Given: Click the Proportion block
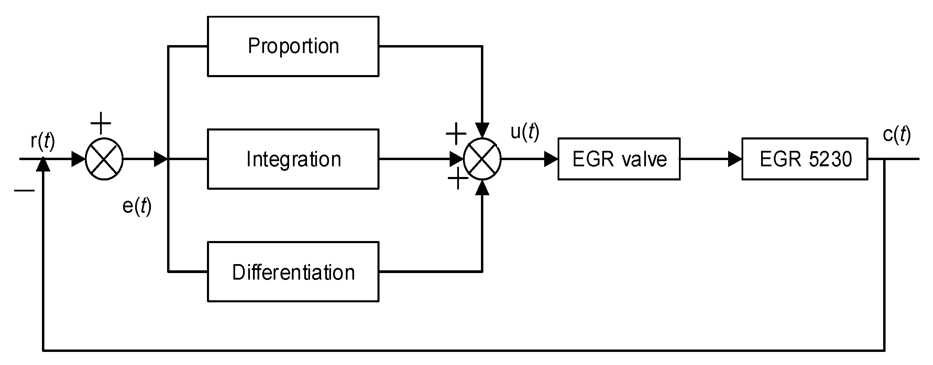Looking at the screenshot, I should (293, 46).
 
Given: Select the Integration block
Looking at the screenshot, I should (293, 159).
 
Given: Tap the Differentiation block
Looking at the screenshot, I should (293, 272).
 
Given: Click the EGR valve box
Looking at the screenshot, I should (619, 159).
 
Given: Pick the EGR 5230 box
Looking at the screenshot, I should (805, 159).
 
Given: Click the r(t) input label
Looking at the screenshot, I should (43, 141).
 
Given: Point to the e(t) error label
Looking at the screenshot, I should (137, 206).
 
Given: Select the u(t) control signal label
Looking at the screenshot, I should (525, 131).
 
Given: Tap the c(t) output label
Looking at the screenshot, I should (897, 135).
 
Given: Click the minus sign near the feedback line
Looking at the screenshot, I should (25, 190).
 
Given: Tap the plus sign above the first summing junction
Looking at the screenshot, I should (100, 123).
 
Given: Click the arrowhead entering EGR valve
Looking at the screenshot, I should (551, 159).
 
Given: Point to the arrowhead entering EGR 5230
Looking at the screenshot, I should (735, 159).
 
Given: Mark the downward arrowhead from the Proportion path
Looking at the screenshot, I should (482, 130).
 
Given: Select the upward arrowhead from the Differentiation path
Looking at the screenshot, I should (482, 188).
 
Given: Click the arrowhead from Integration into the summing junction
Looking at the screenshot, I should (457, 159).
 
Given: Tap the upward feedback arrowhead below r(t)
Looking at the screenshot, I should (43, 165).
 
